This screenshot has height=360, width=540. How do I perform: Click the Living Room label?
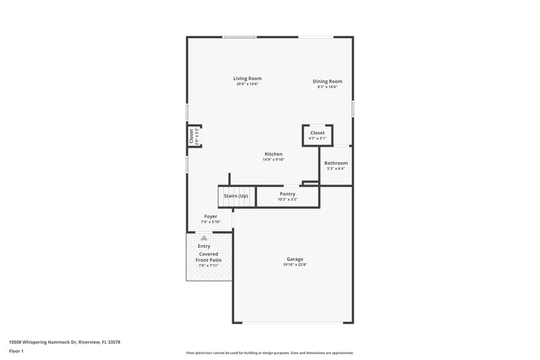(248, 78)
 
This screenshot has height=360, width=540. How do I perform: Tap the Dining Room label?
(327, 81)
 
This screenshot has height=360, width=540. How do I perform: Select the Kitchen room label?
(273, 154)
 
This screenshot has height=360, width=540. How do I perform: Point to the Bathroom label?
(336, 163)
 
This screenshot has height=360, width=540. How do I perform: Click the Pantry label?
(288, 194)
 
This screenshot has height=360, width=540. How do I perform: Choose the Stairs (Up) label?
(236, 196)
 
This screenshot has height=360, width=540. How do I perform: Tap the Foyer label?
(211, 217)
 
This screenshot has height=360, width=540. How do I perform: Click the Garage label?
(295, 259)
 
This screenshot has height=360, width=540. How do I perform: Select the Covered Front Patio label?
(209, 257)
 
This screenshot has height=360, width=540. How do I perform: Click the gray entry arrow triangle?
(204, 238)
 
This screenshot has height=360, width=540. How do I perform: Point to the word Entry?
(204, 246)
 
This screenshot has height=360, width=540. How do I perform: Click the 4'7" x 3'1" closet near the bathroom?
(317, 135)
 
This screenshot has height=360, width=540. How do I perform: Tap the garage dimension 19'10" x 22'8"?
(295, 265)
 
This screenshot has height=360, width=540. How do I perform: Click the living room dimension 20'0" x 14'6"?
(248, 84)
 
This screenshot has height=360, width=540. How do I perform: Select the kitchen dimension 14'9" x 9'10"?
(273, 160)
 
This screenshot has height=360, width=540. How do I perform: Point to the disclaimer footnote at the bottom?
(270, 353)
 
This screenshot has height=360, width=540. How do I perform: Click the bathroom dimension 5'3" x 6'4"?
(336, 169)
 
